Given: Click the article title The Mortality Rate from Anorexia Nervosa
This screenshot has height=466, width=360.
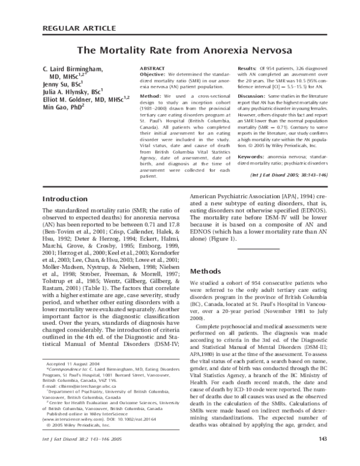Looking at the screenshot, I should click(179, 51).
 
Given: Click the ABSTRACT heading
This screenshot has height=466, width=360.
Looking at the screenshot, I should click(152, 70).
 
